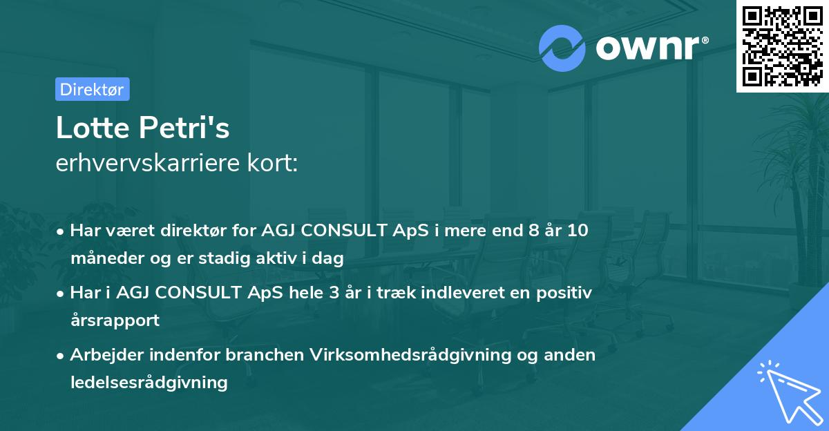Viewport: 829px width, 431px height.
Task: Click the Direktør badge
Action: pyautogui.click(x=92, y=89)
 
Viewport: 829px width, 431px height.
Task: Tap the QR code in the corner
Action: pyautogui.click(x=781, y=46)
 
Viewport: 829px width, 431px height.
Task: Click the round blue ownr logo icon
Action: pyautogui.click(x=562, y=48)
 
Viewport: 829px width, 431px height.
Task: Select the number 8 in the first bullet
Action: pyautogui.click(x=529, y=231)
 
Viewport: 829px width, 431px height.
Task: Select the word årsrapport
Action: pyautogui.click(x=115, y=320)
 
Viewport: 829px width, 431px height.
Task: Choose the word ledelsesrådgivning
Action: pyautogui.click(x=149, y=383)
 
